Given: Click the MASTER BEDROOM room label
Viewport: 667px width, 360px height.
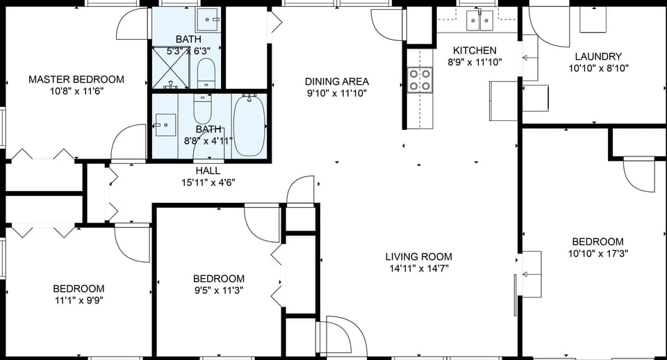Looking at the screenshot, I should [76, 79].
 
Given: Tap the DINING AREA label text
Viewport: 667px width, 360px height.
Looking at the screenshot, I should [337, 81].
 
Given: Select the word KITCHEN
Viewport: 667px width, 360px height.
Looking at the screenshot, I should [475, 50].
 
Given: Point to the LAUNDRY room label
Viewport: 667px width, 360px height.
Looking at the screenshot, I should [598, 56].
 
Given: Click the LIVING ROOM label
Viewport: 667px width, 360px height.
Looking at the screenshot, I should [418, 256].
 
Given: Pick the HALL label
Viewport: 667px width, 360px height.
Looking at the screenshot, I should [208, 170].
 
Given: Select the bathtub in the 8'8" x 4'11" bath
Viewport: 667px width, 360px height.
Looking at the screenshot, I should [249, 125].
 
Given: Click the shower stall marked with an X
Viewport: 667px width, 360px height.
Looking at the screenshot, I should [171, 66].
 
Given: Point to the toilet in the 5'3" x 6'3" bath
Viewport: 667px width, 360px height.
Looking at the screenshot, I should [206, 72].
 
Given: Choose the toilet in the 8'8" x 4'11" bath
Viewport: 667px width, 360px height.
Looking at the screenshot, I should [202, 108].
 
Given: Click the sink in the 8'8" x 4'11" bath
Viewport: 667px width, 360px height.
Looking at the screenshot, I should [166, 125].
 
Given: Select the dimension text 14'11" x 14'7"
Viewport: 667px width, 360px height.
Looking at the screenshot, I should [418, 269].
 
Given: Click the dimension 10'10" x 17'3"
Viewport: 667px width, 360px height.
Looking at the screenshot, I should [598, 254].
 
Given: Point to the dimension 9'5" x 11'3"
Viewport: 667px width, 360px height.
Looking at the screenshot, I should [218, 291].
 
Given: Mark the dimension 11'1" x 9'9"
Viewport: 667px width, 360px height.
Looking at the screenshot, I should [79, 300].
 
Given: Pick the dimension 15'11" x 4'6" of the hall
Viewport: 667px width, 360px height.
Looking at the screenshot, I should [208, 183].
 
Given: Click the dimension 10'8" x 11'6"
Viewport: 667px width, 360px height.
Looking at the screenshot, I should [76, 92].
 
